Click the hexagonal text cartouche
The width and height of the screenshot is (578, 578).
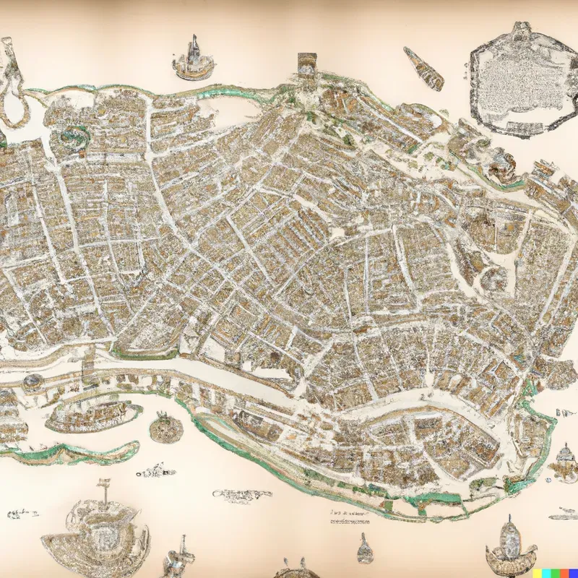[x=518, y=79]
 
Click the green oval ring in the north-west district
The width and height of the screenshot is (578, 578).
[x=73, y=134]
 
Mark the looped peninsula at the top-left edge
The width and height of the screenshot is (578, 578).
[x=13, y=79]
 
